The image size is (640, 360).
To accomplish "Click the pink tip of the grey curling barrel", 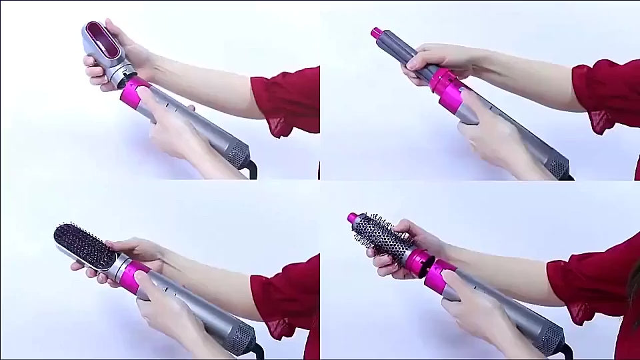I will [377, 32].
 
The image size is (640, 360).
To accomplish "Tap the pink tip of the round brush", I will [353, 218].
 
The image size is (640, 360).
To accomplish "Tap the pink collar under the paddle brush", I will [133, 275].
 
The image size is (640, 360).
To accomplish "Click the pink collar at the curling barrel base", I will [443, 80].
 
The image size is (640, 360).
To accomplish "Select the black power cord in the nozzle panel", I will [251, 169].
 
